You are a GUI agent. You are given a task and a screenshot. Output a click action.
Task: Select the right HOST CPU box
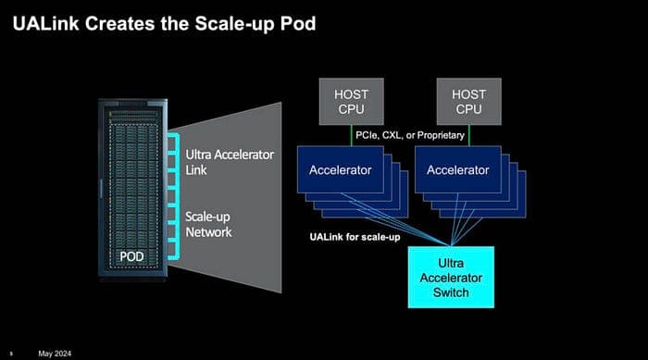pos(468,101)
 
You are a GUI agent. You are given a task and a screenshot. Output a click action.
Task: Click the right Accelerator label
pos(458,170)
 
